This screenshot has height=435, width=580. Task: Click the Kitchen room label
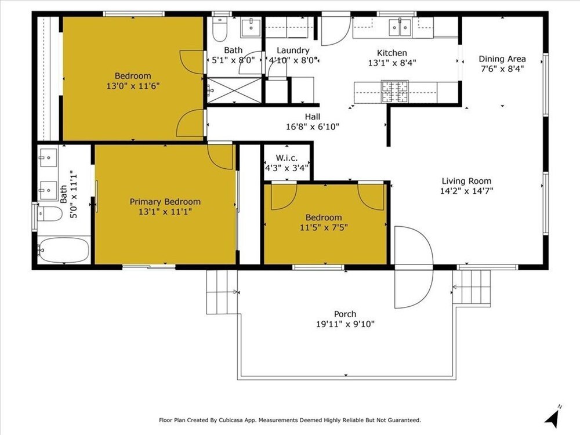click(391, 53)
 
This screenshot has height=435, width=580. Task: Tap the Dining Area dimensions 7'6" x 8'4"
click(502, 69)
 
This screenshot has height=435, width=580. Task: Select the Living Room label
click(466, 181)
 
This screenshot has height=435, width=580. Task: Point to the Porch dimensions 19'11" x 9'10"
click(345, 324)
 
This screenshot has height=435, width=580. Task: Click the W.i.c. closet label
click(287, 158)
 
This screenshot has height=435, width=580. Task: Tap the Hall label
click(313, 117)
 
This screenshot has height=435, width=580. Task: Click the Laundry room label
click(293, 50)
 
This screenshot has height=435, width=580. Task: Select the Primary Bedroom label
click(165, 202)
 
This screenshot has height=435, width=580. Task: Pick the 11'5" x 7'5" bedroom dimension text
click(324, 227)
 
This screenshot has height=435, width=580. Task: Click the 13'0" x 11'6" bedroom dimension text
click(133, 86)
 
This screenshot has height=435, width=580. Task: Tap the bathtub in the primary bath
click(64, 249)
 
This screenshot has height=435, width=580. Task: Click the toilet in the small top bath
click(219, 28)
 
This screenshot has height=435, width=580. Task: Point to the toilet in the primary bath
click(49, 214)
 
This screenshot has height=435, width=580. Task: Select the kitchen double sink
click(400, 27)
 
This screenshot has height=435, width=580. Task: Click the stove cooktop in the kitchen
click(395, 92)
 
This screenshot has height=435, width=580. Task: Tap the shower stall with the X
click(234, 90)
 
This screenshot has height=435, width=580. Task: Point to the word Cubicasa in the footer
click(230, 420)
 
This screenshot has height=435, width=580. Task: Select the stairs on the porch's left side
click(222, 292)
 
